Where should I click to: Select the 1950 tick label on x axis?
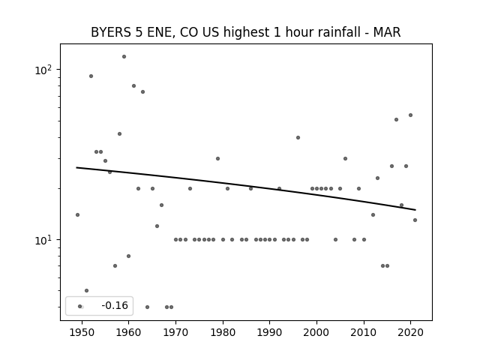tap(82, 332)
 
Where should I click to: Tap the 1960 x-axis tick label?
tap(129, 332)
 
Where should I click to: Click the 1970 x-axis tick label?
tap(175, 332)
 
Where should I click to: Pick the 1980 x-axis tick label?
tap(223, 332)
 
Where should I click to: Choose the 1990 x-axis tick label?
tap(269, 332)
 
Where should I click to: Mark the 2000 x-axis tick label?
tap(316, 332)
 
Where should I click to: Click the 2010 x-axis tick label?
tap(364, 332)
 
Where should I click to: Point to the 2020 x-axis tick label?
tap(410, 332)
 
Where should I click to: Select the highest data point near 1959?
tap(124, 56)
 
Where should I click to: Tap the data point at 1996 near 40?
tap(298, 137)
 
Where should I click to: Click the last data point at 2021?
tap(415, 220)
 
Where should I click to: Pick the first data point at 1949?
tap(77, 214)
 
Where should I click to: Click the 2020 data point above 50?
tap(410, 115)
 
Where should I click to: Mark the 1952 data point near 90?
tap(91, 76)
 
